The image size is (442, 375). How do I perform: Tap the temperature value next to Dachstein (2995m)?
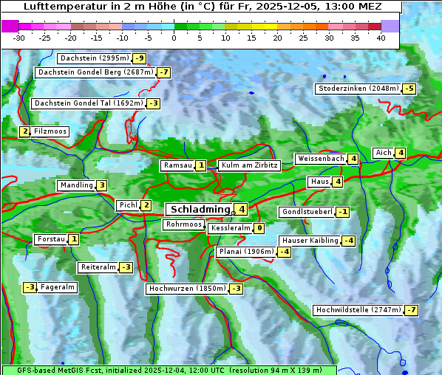(x=139, y=58)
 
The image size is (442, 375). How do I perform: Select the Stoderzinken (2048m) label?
(x=358, y=89)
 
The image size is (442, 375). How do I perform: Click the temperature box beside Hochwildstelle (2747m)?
(x=411, y=310)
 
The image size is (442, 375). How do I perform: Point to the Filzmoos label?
(x=50, y=131)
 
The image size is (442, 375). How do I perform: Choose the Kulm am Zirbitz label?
(x=249, y=165)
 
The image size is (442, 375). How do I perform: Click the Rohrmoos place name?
(x=183, y=224)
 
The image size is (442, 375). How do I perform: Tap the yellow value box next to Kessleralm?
(x=259, y=229)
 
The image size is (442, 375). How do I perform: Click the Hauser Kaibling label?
(x=310, y=241)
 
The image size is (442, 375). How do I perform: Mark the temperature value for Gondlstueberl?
(x=342, y=212)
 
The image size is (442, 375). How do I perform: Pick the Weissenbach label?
(x=320, y=159)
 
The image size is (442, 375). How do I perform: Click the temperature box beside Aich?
(x=400, y=153)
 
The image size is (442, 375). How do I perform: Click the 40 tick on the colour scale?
(x=381, y=38)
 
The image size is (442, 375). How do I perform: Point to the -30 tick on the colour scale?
(x=19, y=38)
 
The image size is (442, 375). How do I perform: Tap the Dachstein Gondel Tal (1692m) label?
(x=88, y=103)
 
